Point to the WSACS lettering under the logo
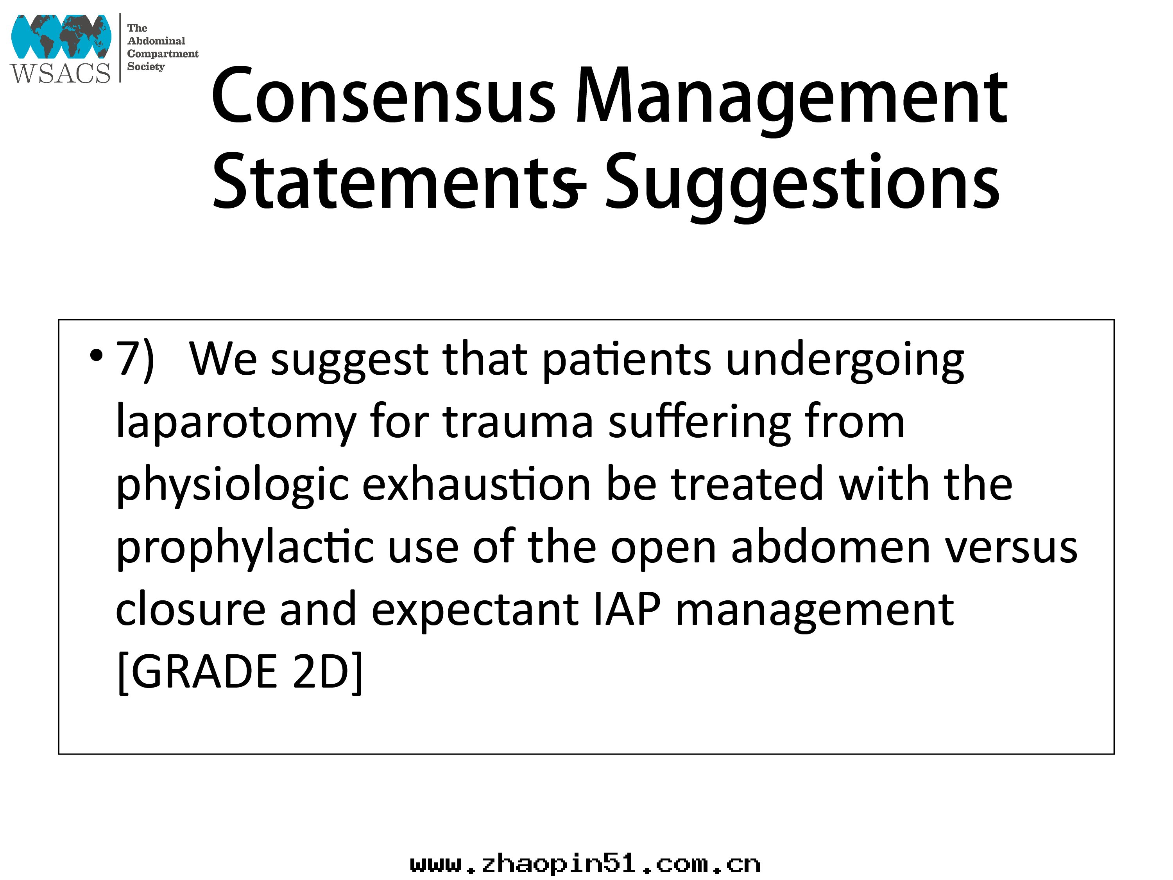click(x=60, y=73)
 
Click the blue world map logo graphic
click(x=61, y=36)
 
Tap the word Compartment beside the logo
click(x=163, y=54)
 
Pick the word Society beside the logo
click(x=146, y=67)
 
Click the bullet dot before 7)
click(x=96, y=355)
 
